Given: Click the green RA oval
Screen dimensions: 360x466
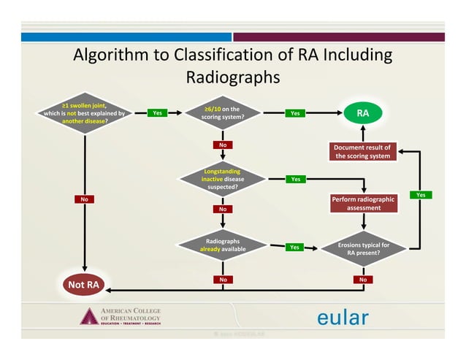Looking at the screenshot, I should pos(363,113).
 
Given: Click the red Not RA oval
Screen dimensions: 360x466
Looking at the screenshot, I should pos(85,283).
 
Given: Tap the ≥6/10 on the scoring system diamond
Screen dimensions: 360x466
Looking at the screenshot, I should pos(223,113).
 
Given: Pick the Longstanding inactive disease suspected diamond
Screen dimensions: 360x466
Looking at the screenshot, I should pos(223,177).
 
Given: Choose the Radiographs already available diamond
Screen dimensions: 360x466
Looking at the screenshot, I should pos(223,245).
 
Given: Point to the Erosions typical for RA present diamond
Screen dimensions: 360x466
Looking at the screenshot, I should pos(363,249).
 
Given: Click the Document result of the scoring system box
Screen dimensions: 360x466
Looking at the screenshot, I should pos(363,151).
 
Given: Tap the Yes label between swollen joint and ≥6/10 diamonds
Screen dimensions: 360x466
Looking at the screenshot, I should pos(157,113).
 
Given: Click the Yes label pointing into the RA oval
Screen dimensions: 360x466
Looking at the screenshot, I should pos(295,113).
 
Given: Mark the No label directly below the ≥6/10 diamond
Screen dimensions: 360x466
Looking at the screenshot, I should pos(223,145).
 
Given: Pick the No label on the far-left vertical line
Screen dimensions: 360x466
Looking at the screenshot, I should pos(85,199).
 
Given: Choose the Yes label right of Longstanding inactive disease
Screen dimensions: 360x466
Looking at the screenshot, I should pos(295,178).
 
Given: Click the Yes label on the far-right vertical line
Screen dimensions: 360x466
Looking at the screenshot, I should pos(421,194).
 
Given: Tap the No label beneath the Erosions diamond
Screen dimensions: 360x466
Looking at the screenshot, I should pos(363,279).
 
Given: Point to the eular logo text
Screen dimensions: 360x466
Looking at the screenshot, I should pos(343,318).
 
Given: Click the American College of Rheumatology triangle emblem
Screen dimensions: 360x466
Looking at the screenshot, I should pos(88,316).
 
